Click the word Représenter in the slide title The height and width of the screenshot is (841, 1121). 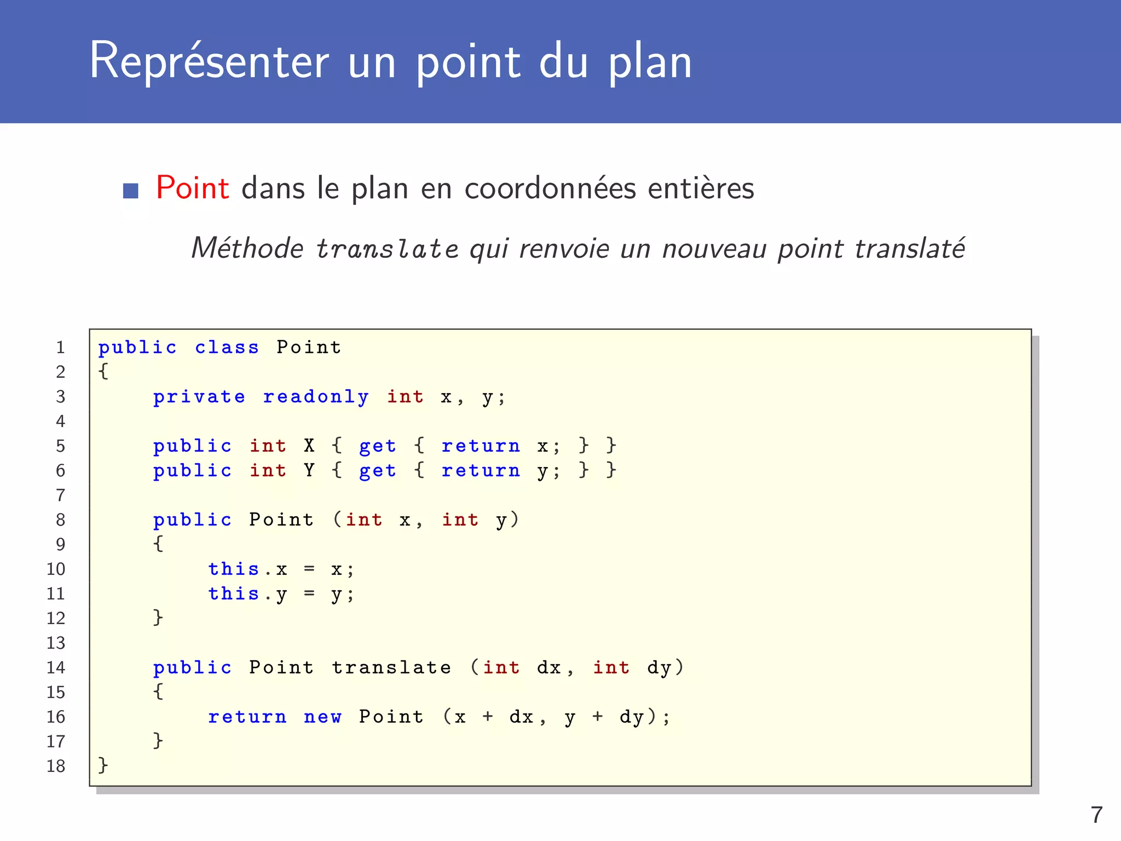(209, 61)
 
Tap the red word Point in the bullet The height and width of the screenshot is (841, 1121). (192, 188)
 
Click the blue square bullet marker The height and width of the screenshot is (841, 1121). (131, 191)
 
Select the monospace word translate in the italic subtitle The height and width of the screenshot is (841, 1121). (387, 249)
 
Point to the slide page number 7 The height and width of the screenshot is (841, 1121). (1096, 815)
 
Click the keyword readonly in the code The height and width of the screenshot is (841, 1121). (316, 397)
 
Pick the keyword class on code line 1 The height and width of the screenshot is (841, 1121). (227, 347)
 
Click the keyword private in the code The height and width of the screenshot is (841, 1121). (199, 397)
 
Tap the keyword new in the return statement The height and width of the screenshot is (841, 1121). (322, 717)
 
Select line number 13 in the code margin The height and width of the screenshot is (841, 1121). (56, 643)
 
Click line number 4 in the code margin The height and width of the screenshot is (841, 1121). (60, 421)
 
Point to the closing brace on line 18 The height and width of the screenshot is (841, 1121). (103, 765)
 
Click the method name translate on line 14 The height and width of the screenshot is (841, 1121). (391, 667)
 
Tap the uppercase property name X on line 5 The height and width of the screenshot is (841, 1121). (309, 446)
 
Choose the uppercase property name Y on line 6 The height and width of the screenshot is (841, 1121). (309, 470)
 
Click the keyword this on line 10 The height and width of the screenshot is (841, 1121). (233, 569)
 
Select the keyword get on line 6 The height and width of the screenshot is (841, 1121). (377, 471)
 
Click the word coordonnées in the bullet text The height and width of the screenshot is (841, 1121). (550, 189)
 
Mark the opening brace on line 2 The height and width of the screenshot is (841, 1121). (103, 371)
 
